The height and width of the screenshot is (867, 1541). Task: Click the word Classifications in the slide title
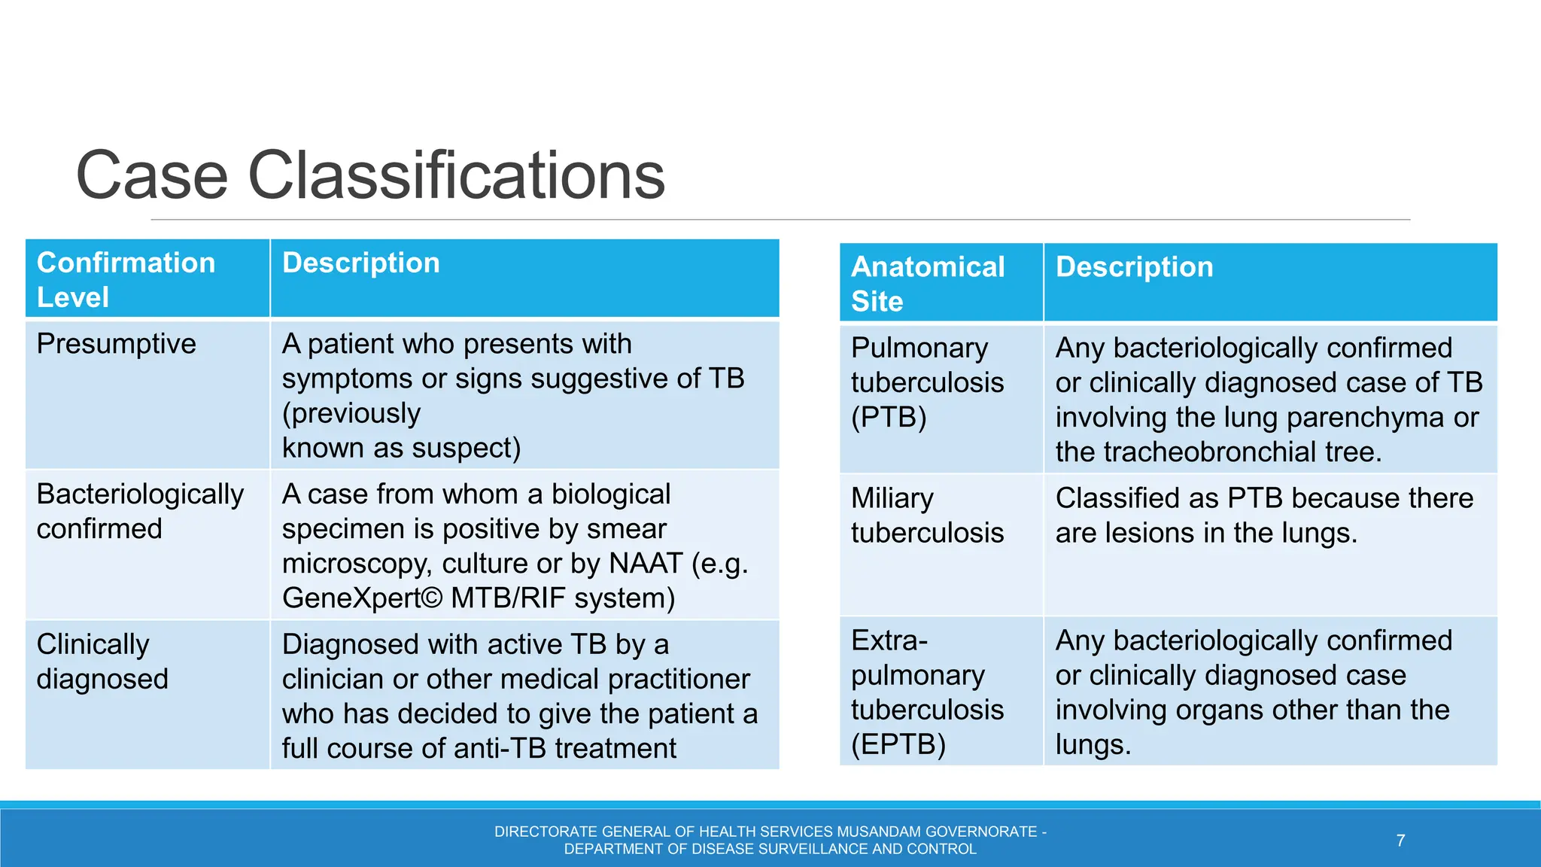tap(456, 176)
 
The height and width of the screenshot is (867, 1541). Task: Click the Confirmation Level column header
tap(126, 279)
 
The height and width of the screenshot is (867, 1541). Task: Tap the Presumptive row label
tap(116, 344)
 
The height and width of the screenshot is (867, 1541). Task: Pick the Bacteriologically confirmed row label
tap(140, 511)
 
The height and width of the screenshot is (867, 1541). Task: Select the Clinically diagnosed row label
tap(102, 662)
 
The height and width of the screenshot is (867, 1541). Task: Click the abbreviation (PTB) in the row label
tap(889, 417)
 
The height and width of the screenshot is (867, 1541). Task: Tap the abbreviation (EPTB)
tap(898, 744)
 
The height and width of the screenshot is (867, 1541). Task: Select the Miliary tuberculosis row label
tap(927, 516)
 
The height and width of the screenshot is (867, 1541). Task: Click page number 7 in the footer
tap(1400, 841)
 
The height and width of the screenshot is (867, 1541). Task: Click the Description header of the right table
tap(1134, 267)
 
